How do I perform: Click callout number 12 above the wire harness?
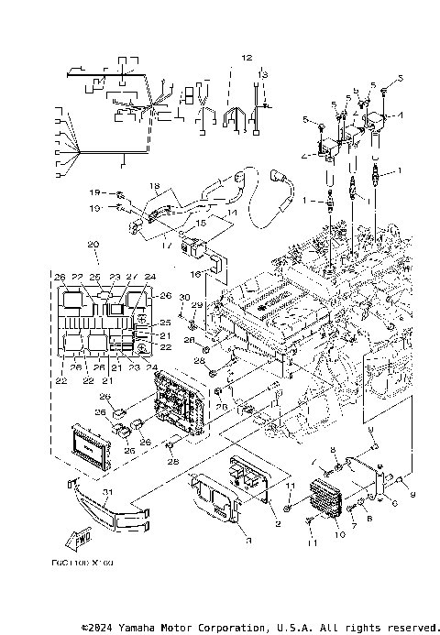(246, 57)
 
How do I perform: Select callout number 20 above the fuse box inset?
(93, 245)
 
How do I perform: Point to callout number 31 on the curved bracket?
(107, 492)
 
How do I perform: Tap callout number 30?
(184, 296)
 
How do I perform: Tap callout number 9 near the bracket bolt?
(412, 496)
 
